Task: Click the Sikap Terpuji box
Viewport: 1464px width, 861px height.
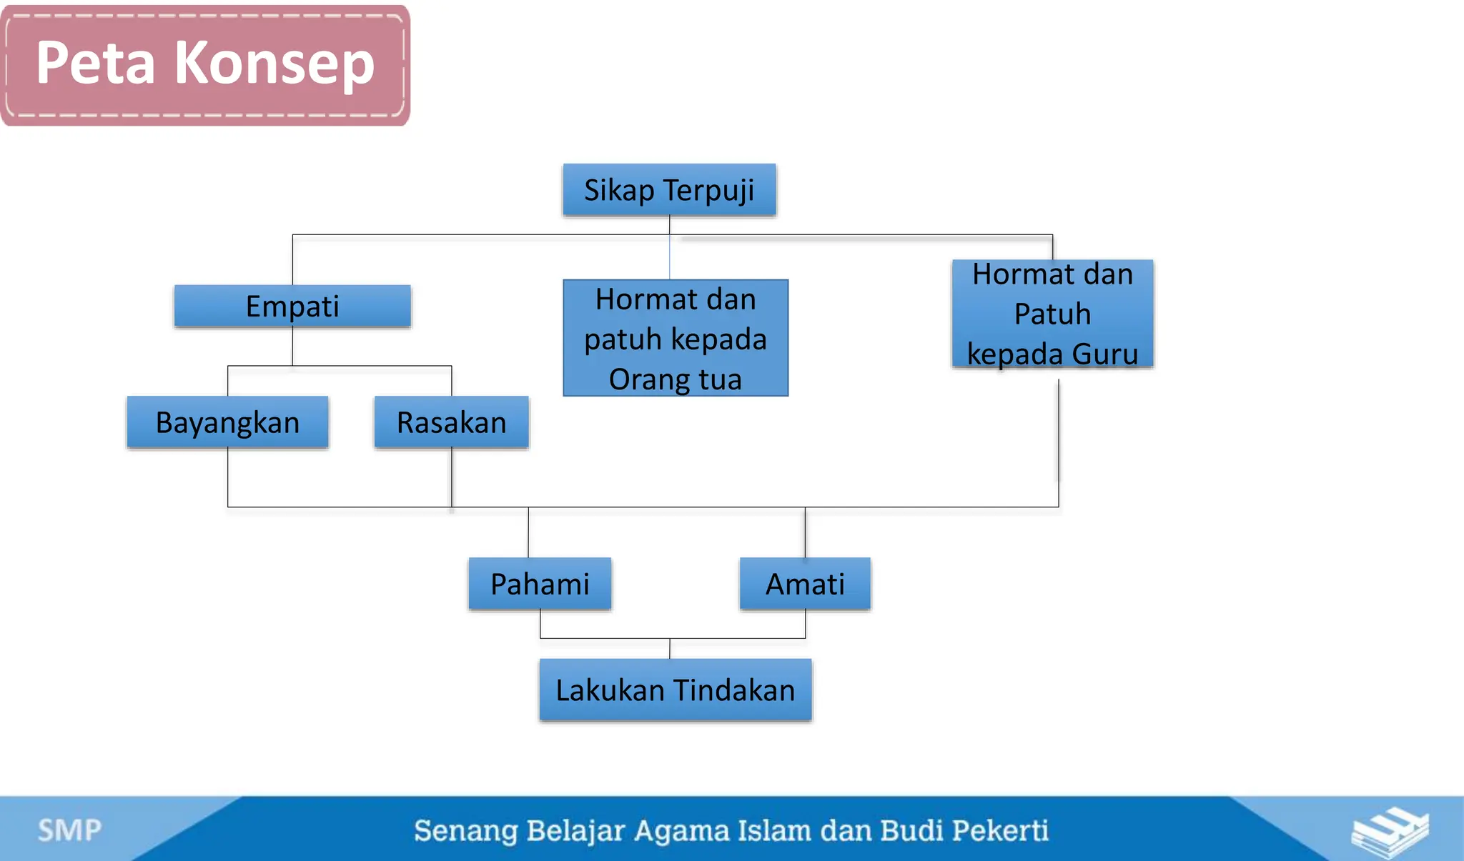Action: tap(669, 190)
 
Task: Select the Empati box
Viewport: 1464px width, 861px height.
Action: tap(292, 306)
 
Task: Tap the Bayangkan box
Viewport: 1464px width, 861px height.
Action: tap(227, 422)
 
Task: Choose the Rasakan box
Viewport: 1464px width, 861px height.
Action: tap(451, 422)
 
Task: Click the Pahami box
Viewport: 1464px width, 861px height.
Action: tap(540, 584)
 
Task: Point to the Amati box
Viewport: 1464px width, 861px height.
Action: tap(805, 584)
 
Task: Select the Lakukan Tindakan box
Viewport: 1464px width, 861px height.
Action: tap(675, 690)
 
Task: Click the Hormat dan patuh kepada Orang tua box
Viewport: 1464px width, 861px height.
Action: tap(675, 338)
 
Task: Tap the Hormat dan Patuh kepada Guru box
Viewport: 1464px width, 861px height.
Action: tap(1052, 314)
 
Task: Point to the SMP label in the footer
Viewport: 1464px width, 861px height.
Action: tap(69, 830)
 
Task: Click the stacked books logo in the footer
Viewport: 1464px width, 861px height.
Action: tap(1390, 832)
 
